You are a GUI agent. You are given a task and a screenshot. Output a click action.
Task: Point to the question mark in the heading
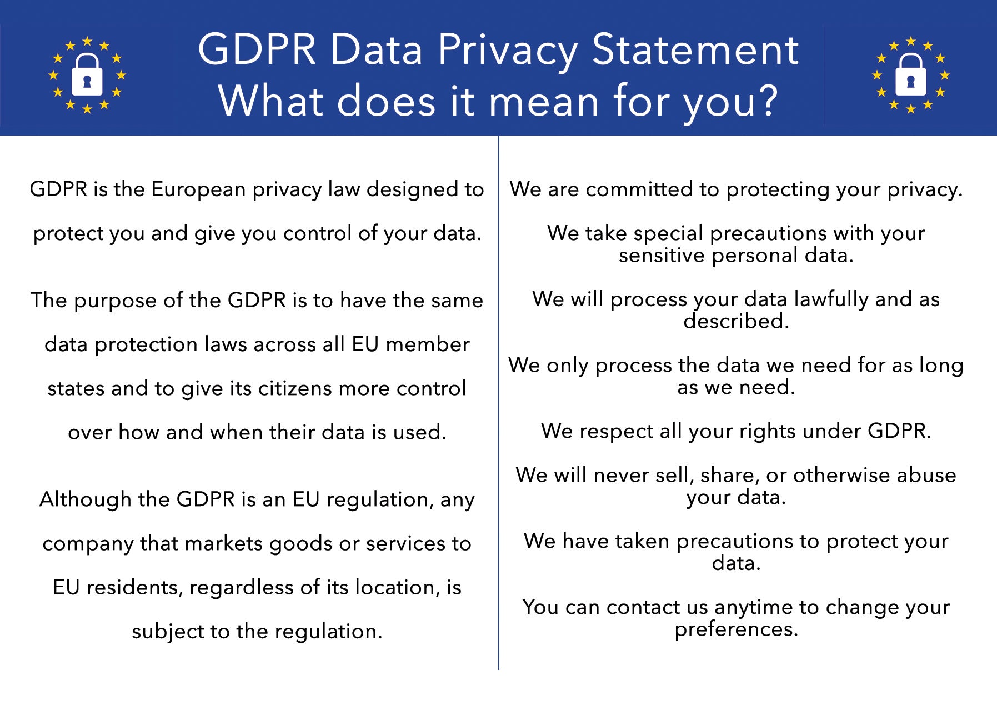[x=767, y=102]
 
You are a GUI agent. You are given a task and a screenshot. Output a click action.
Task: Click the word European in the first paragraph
[x=198, y=190]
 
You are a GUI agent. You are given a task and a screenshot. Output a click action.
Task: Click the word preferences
[x=736, y=629]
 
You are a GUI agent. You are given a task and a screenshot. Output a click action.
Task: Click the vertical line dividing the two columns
[x=499, y=403]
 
